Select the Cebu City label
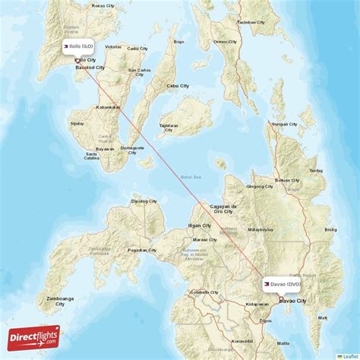point(178,86)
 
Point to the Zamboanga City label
point(59,302)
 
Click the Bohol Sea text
point(189,177)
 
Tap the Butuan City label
point(287,180)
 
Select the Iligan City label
point(199,226)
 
